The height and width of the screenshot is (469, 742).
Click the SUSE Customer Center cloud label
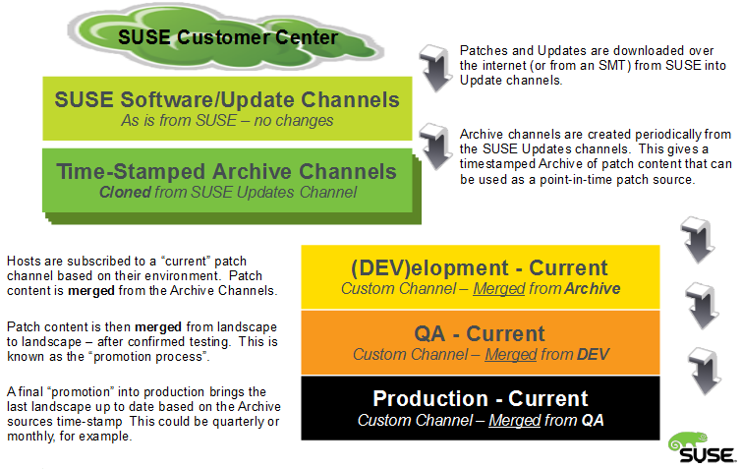(x=228, y=38)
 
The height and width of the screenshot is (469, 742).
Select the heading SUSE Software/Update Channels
(x=227, y=99)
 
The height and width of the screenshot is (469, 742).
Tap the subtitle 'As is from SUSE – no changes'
(x=227, y=121)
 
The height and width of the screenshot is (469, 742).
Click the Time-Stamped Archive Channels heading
(x=227, y=172)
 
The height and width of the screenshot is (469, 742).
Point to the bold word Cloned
(x=123, y=193)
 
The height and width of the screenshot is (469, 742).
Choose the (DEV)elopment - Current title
(x=480, y=267)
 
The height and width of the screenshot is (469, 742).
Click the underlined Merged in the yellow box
(x=494, y=288)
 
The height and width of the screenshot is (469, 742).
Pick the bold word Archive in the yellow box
(x=592, y=288)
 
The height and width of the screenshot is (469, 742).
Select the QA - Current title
(x=480, y=333)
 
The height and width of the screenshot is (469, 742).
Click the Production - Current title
(x=480, y=398)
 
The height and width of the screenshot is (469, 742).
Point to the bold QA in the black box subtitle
(x=592, y=420)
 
